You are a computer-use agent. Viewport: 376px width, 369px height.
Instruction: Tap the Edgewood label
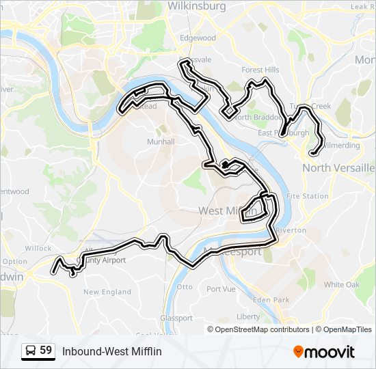click(198, 38)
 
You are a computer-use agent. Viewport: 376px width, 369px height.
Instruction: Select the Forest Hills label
click(260, 70)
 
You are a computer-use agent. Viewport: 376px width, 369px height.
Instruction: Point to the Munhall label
click(161, 141)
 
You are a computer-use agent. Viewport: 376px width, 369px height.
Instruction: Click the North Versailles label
click(338, 167)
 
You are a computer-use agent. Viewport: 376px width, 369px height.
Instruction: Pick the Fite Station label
click(307, 196)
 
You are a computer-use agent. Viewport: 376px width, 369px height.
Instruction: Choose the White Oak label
click(342, 284)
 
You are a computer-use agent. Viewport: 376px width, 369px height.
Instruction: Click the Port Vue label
click(221, 289)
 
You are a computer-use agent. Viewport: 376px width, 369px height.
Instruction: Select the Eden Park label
click(271, 300)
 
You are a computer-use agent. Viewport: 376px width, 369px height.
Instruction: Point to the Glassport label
click(176, 318)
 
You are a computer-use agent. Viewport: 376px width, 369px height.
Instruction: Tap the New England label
click(107, 292)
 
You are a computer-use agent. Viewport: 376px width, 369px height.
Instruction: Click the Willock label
click(38, 249)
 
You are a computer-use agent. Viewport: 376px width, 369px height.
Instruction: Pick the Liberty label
click(248, 316)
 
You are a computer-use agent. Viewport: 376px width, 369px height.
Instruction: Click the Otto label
click(185, 286)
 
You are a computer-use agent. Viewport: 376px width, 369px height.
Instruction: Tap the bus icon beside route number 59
click(31, 351)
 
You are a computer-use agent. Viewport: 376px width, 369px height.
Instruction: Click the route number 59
click(46, 351)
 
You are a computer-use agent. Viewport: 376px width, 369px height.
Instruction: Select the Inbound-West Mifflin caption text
click(112, 351)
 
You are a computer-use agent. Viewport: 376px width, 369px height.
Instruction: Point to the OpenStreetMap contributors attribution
click(263, 329)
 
